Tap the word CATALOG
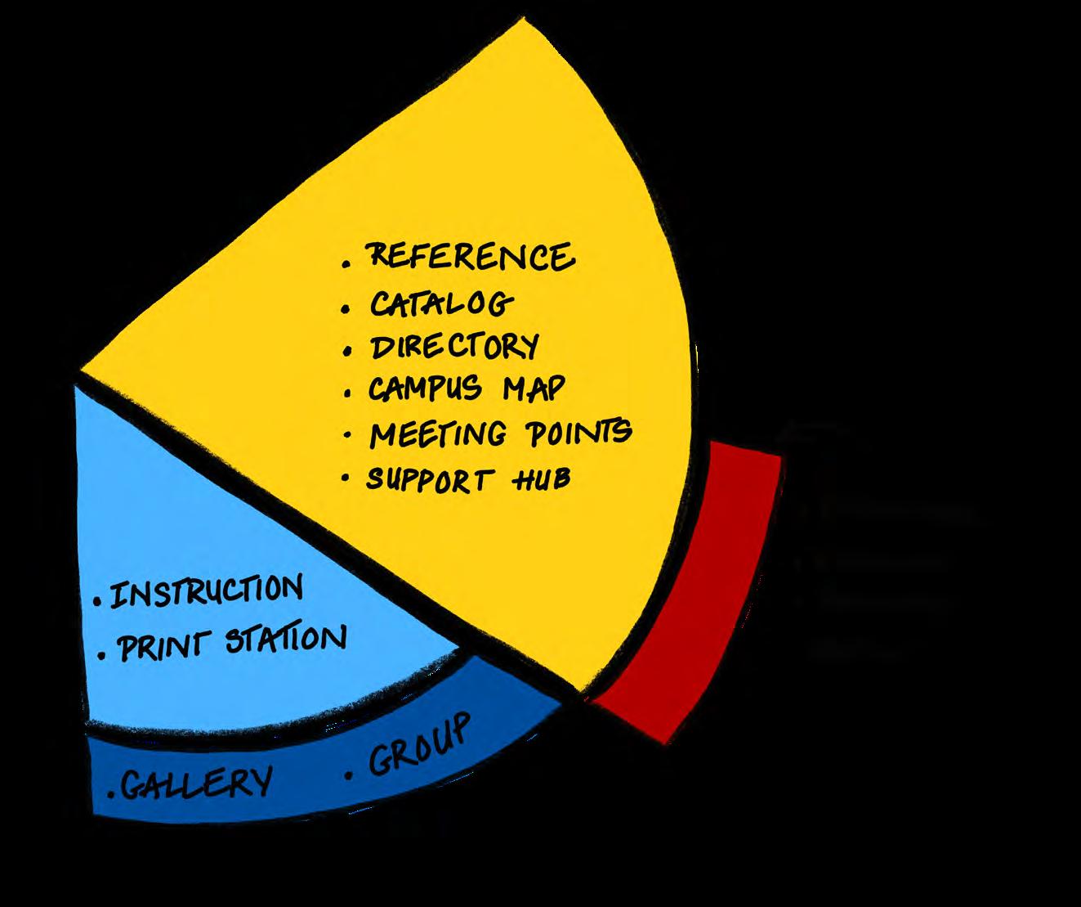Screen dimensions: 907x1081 (x=441, y=303)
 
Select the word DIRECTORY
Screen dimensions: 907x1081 (x=454, y=347)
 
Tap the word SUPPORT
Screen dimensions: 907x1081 (x=429, y=478)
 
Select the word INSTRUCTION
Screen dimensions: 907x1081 (x=206, y=590)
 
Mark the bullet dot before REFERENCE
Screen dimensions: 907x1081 (x=346, y=264)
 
